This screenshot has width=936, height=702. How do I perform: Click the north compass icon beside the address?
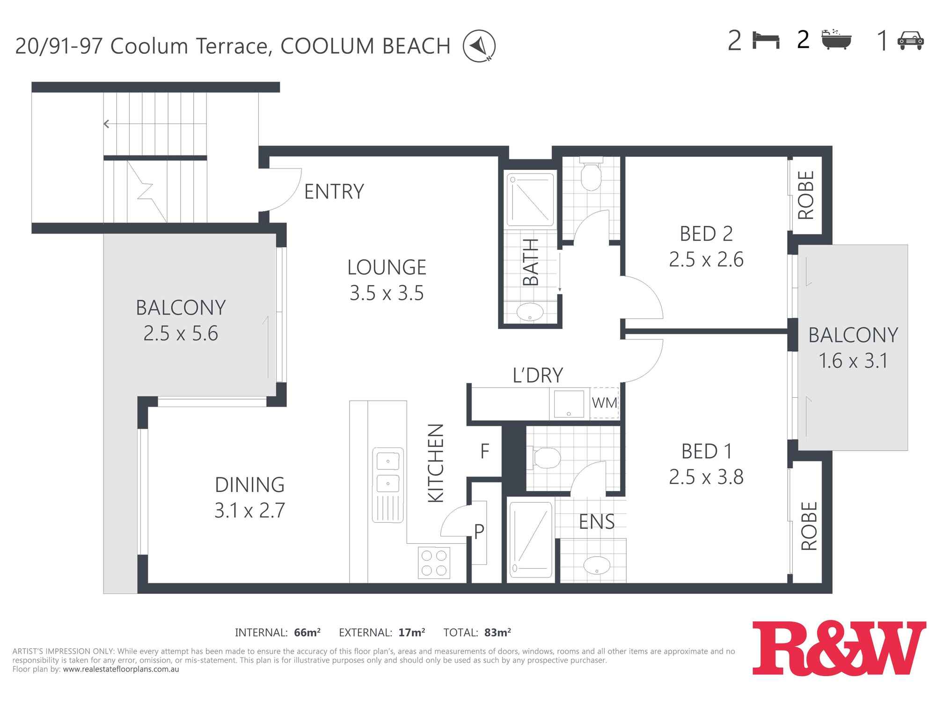[x=479, y=46]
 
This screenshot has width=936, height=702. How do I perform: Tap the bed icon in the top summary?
[x=766, y=40]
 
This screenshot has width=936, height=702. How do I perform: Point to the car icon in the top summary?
[x=910, y=40]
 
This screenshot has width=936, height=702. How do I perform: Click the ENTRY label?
[x=334, y=191]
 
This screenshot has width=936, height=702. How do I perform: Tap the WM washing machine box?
[x=604, y=402]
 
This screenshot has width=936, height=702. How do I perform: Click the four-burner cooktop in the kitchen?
[x=434, y=563]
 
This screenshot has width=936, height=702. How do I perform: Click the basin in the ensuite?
[x=597, y=565]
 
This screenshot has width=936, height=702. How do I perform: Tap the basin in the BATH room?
[x=530, y=312]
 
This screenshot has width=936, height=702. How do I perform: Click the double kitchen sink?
[x=388, y=485]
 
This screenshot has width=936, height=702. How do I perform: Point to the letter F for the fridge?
[x=485, y=451]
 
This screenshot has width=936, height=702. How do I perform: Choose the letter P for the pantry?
[x=479, y=532]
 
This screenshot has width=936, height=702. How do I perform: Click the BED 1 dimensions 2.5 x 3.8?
[x=706, y=477]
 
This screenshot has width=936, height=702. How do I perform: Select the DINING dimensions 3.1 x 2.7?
[x=249, y=510]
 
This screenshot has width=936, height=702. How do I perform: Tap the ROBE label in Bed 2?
[x=806, y=195]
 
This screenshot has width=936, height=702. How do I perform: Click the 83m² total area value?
[x=497, y=633]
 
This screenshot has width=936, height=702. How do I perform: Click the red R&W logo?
[x=839, y=648]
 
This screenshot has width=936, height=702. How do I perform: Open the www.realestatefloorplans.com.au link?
[x=121, y=669]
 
